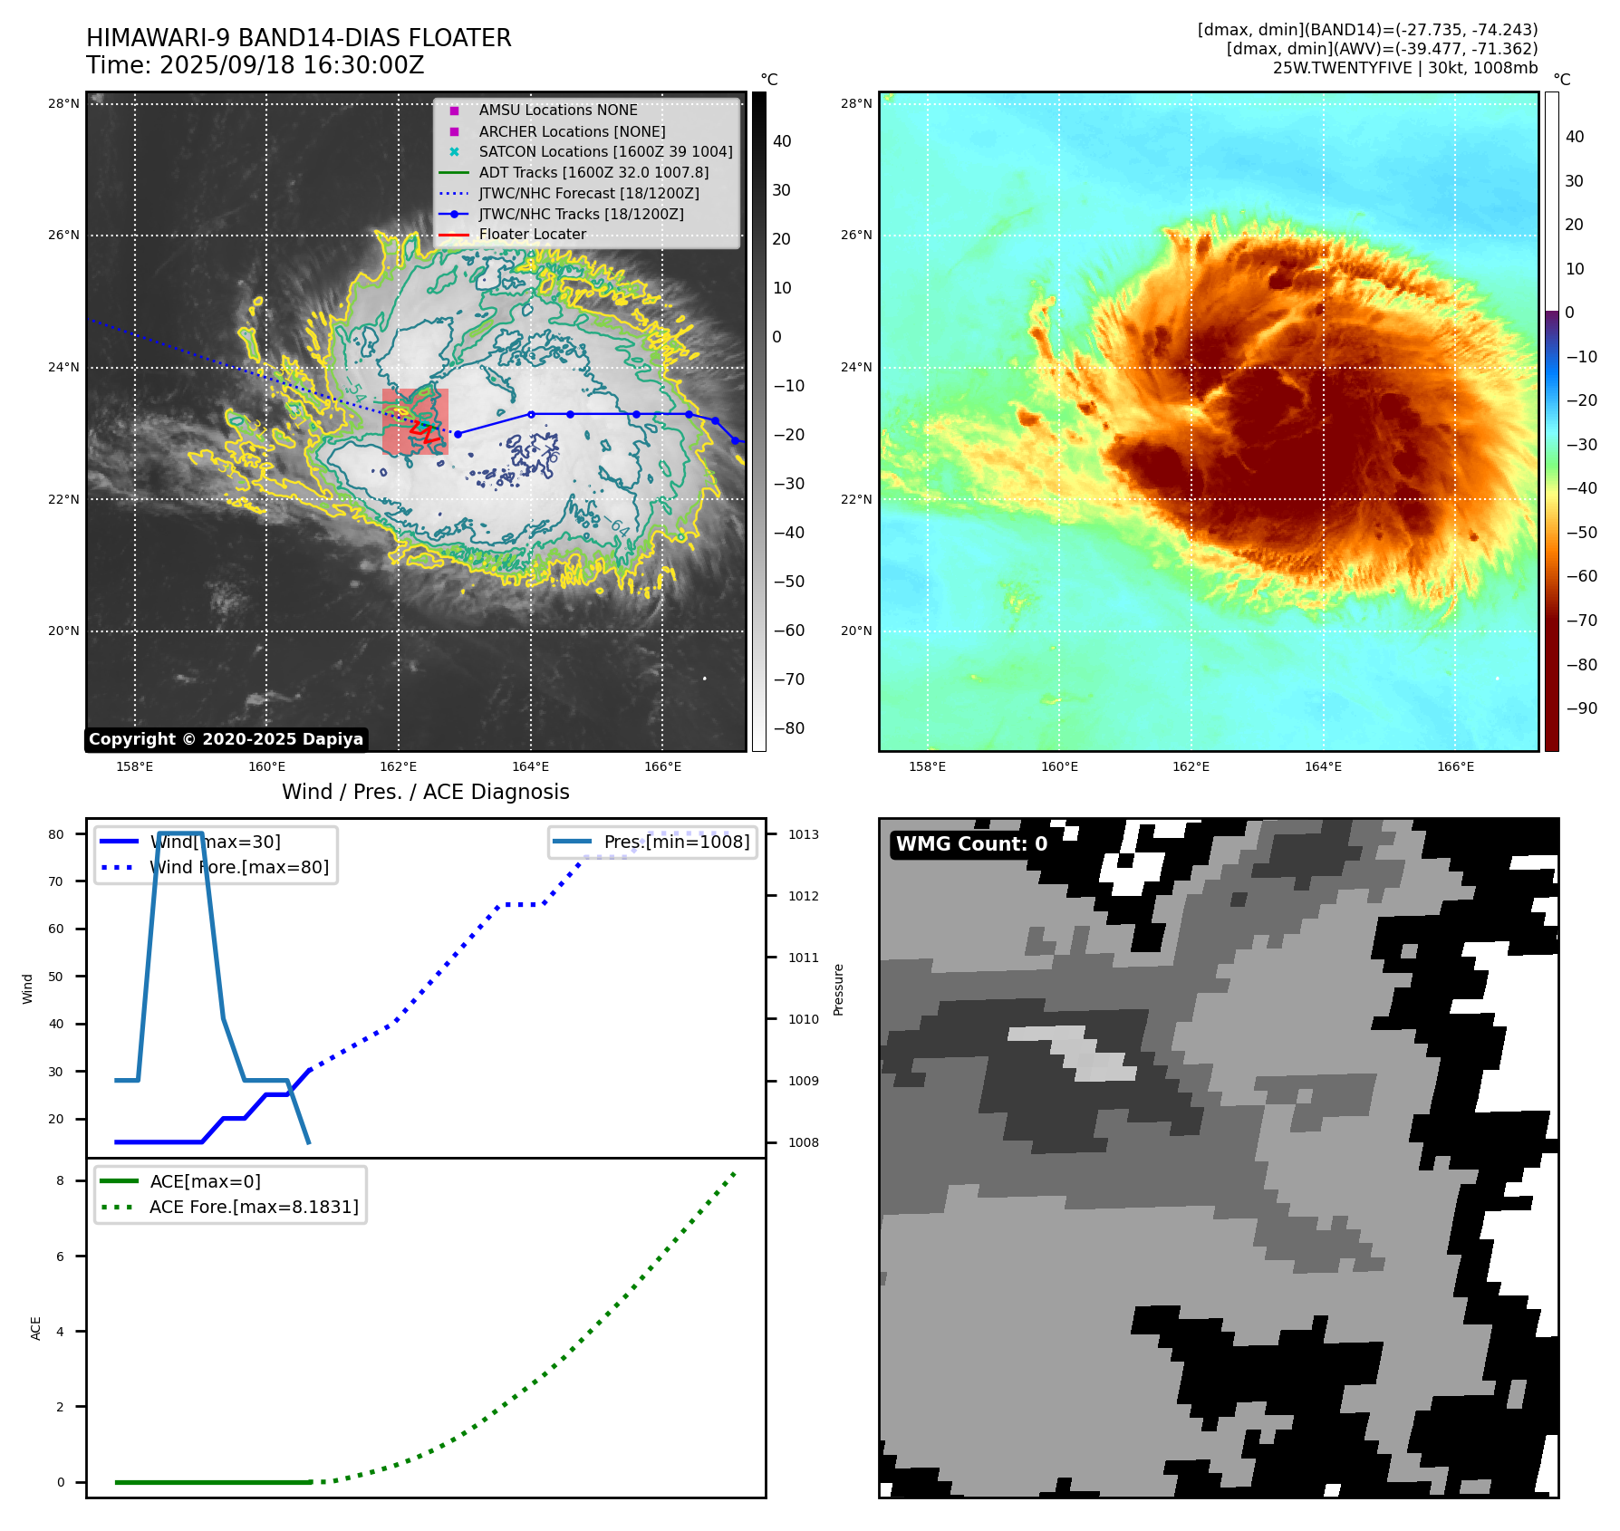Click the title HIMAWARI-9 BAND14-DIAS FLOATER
[298, 38]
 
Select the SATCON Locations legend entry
[605, 152]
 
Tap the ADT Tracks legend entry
[593, 173]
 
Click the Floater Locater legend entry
[532, 235]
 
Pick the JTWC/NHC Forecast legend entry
[589, 194]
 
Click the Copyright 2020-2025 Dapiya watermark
[226, 739]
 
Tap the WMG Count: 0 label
[971, 844]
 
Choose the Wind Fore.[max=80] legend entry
[239, 868]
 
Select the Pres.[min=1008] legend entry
[676, 843]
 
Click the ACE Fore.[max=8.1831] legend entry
[254, 1208]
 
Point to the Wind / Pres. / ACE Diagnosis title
[425, 793]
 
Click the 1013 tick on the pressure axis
[803, 834]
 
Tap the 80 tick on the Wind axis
[56, 834]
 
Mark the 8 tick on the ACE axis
[60, 1181]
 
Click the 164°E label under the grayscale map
[530, 767]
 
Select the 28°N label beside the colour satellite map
[856, 104]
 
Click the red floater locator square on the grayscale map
[415, 421]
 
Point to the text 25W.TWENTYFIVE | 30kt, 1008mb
[1404, 68]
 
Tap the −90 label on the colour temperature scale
[1582, 708]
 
